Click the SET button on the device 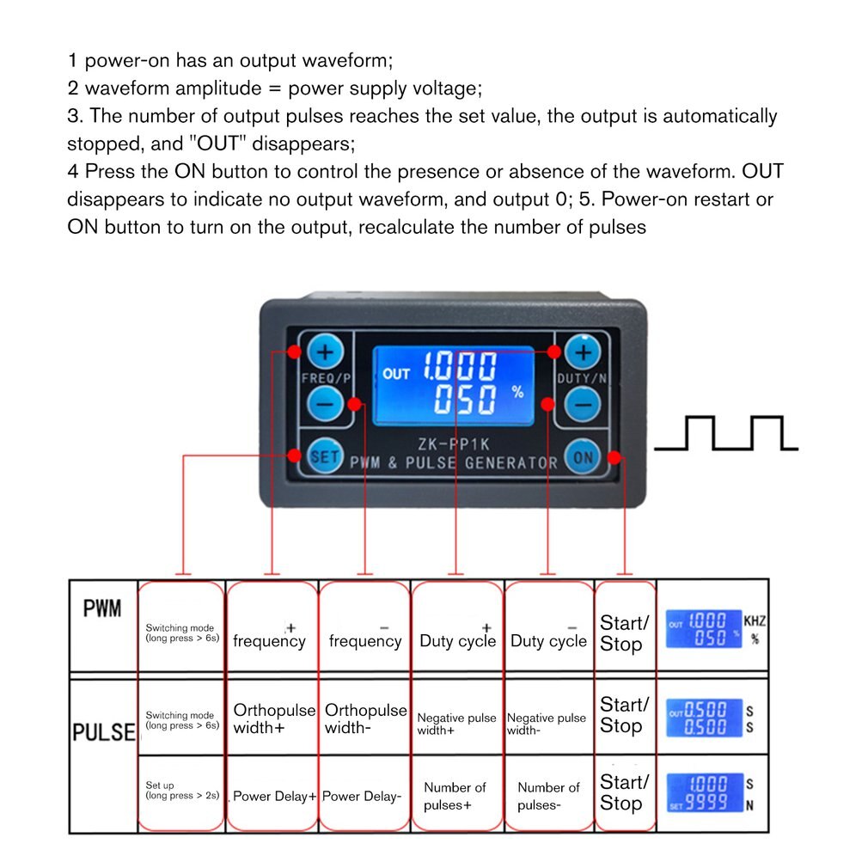click(x=324, y=456)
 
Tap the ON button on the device click(x=583, y=457)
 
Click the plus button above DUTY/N click(x=584, y=351)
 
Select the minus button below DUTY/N click(x=584, y=402)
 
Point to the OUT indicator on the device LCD click(x=396, y=374)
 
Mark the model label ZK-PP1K click(x=454, y=443)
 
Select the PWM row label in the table click(x=102, y=609)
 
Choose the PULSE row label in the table click(x=103, y=732)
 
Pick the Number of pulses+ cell click(x=455, y=796)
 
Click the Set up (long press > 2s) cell click(x=181, y=791)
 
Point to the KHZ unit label click(x=754, y=620)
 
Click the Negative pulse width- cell click(x=547, y=724)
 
